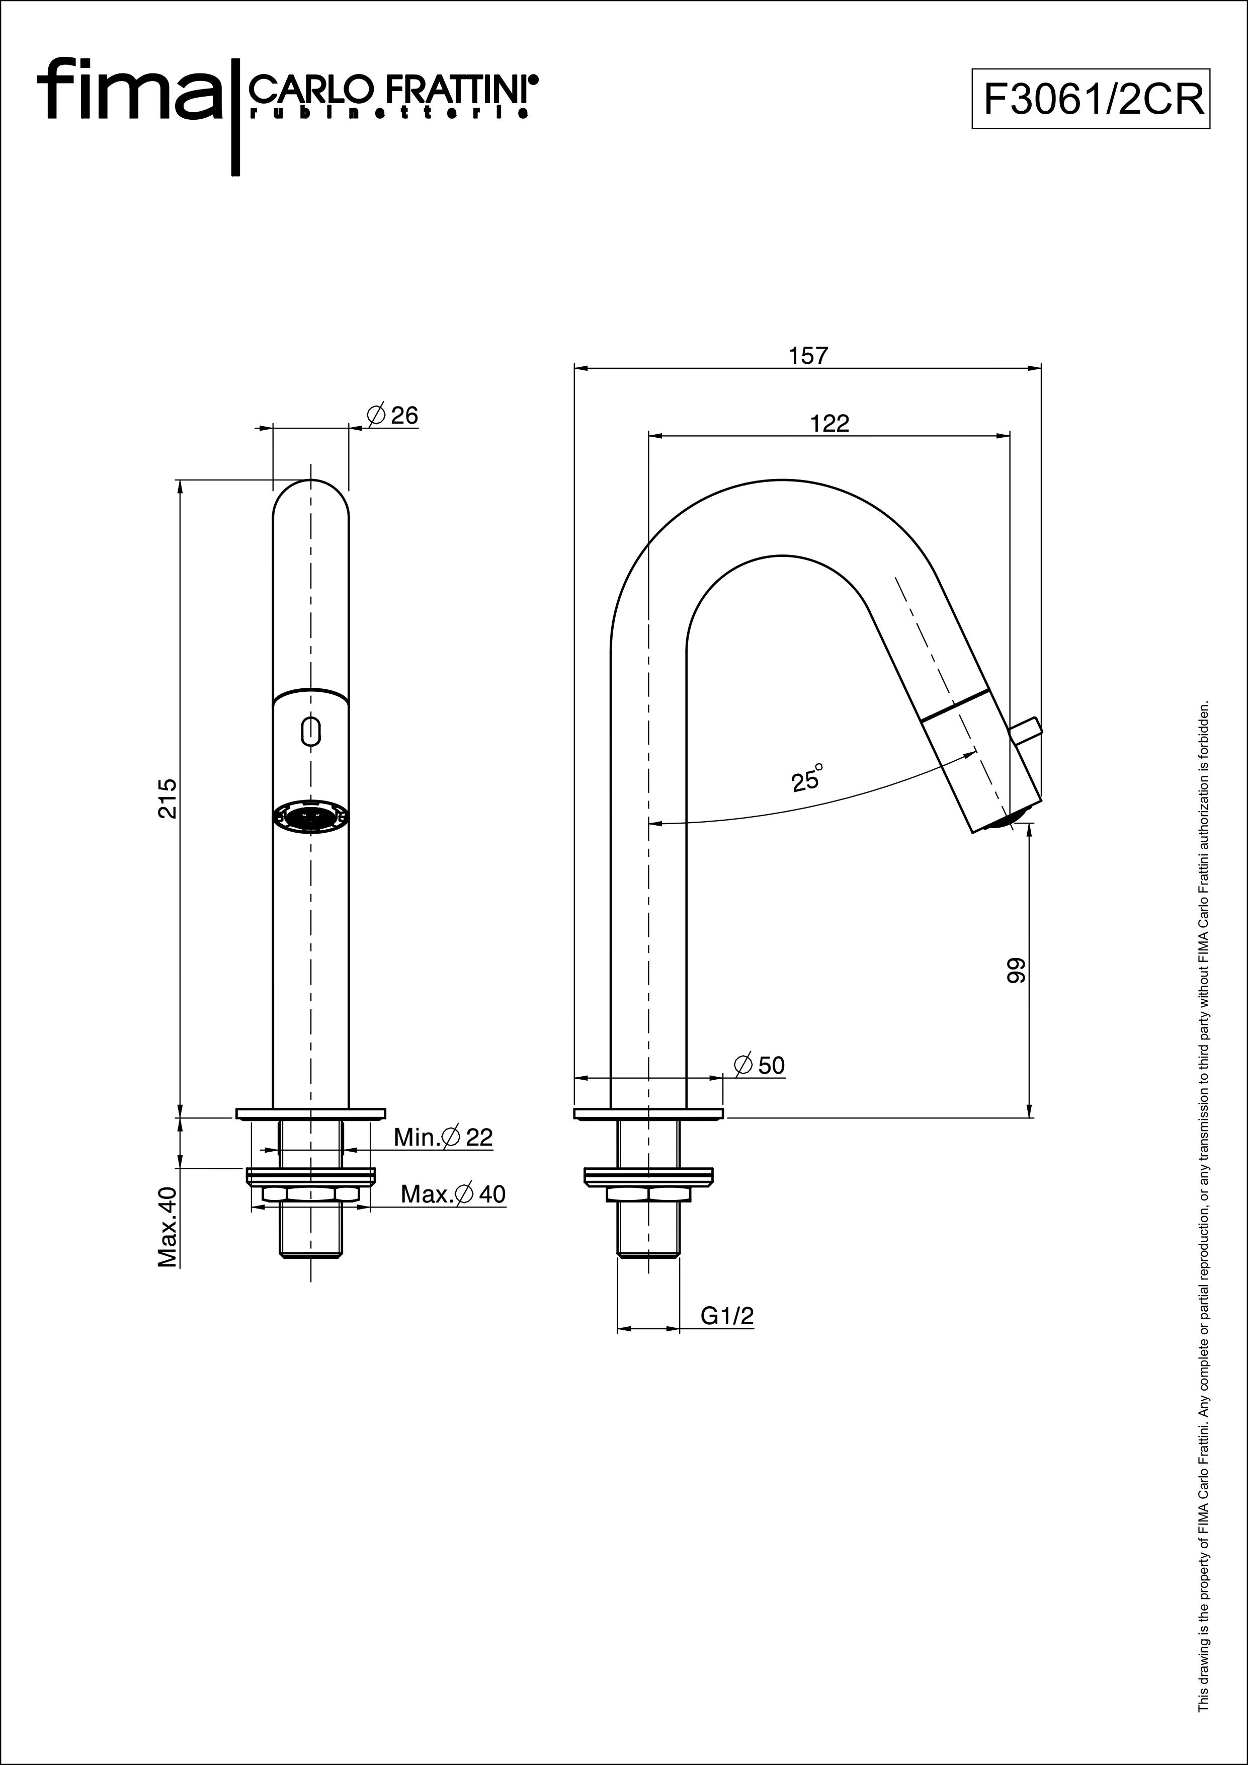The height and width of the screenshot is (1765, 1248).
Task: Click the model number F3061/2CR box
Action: (1091, 99)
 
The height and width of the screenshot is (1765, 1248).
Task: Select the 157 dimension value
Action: (808, 355)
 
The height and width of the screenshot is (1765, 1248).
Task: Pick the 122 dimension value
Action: (830, 424)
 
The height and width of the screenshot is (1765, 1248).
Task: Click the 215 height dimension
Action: (168, 798)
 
